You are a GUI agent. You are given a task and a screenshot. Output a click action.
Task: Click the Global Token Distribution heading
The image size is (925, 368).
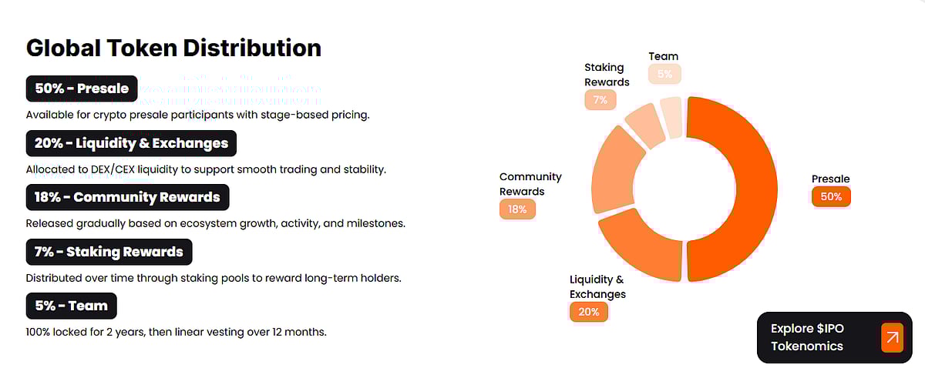(x=173, y=48)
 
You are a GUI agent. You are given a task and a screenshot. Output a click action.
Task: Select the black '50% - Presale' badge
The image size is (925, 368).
(x=82, y=89)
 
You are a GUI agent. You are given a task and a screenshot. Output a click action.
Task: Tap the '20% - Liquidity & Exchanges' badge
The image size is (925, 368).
(x=131, y=143)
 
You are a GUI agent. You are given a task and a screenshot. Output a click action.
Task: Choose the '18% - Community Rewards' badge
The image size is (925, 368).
(x=127, y=197)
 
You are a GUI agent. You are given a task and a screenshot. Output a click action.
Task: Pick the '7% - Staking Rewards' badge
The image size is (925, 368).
(x=109, y=252)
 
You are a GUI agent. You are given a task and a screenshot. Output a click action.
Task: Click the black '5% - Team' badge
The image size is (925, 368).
(x=71, y=306)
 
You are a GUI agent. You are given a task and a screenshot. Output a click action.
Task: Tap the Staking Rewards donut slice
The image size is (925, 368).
(x=646, y=125)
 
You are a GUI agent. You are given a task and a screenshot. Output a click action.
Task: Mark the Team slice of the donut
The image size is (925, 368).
(x=671, y=116)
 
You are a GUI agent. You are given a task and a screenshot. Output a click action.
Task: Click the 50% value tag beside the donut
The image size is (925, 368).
(x=831, y=197)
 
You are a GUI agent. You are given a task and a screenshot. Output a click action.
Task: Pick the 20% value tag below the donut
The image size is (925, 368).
(x=589, y=312)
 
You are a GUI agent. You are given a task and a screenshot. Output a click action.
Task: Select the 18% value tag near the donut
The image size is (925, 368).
(x=517, y=209)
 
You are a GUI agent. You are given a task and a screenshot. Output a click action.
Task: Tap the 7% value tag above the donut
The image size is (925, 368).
(x=600, y=100)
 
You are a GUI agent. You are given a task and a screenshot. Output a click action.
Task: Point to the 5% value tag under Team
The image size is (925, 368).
(x=664, y=74)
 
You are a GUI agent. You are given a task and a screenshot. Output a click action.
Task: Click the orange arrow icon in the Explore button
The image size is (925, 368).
(x=892, y=337)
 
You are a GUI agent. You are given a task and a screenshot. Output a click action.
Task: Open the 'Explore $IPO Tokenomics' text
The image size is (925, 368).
(x=807, y=337)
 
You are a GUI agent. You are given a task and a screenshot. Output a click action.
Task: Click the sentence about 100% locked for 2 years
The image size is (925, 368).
(x=177, y=333)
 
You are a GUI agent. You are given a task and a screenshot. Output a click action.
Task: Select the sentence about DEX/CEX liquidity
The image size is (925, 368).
(x=206, y=169)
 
